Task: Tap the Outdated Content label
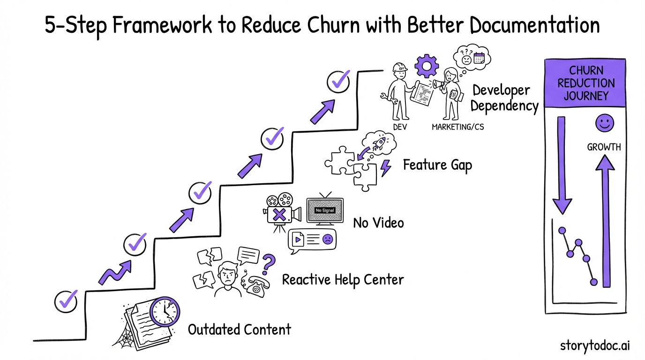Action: point(239,330)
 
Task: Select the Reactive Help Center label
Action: point(343,280)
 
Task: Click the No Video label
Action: point(378,223)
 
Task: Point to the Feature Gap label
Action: point(437,165)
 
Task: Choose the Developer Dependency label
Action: point(504,98)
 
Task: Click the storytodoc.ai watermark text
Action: point(595,346)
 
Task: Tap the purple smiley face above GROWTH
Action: point(604,124)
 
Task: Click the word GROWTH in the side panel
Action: point(604,147)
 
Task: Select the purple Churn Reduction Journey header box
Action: point(585,83)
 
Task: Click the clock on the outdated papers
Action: point(165,311)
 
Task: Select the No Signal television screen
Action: point(325,210)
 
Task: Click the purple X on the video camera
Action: point(279,216)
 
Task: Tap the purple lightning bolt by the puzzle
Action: point(385,168)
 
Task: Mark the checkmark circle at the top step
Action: point(337,82)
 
